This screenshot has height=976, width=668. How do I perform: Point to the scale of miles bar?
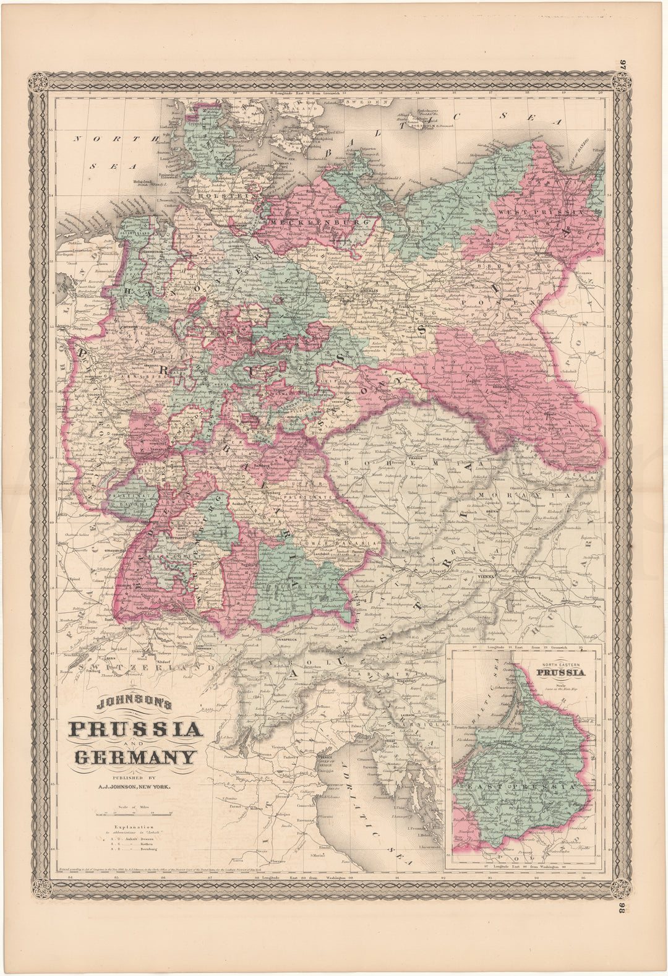click(x=135, y=813)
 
